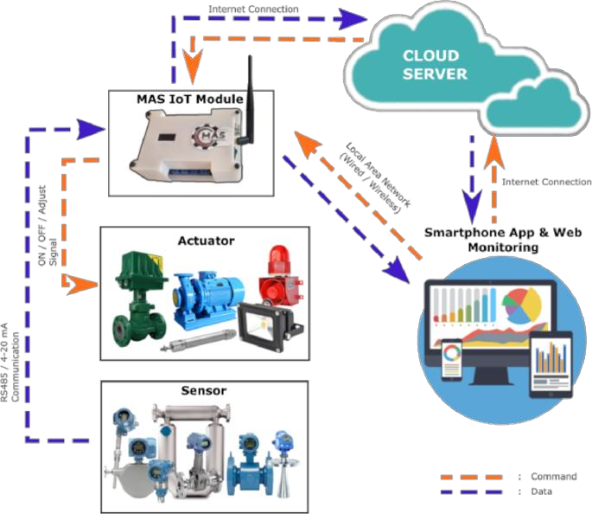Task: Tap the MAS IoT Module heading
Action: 190,99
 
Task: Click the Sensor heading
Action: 205,390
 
